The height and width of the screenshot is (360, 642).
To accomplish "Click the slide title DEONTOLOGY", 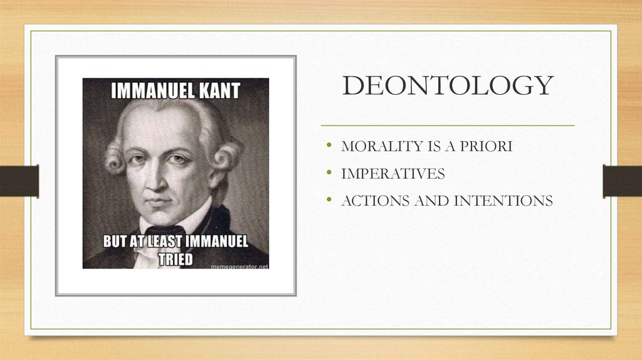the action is click(448, 85).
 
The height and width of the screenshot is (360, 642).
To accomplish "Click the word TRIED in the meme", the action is click(176, 259).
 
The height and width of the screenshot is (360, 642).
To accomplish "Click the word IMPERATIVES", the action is click(393, 174).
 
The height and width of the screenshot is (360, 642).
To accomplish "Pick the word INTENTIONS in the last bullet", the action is click(503, 201).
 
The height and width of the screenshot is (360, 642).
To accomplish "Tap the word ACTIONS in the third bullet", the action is click(375, 201).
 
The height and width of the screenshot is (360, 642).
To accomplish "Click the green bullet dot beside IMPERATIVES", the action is click(329, 172).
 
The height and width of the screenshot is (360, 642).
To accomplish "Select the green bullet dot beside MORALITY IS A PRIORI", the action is click(329, 145).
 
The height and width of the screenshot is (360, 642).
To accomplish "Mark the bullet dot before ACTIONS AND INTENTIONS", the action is click(329, 199).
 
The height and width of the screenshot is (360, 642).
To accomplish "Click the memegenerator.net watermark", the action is click(239, 267).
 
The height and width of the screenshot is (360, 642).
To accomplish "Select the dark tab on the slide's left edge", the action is click(19, 181).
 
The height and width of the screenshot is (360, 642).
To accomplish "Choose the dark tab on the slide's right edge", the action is click(623, 181).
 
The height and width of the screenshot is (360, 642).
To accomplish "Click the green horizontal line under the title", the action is click(448, 125).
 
